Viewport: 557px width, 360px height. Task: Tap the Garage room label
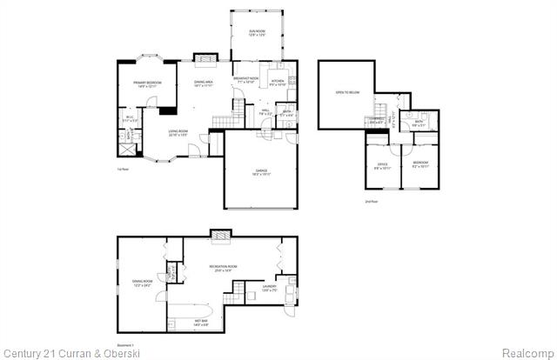[261, 172]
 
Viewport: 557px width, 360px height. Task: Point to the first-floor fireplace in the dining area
[205, 59]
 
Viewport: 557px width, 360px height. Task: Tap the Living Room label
[179, 133]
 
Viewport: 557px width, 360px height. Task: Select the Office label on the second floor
[382, 165]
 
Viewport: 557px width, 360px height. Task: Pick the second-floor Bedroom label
[419, 165]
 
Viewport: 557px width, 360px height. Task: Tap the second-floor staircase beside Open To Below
[381, 108]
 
